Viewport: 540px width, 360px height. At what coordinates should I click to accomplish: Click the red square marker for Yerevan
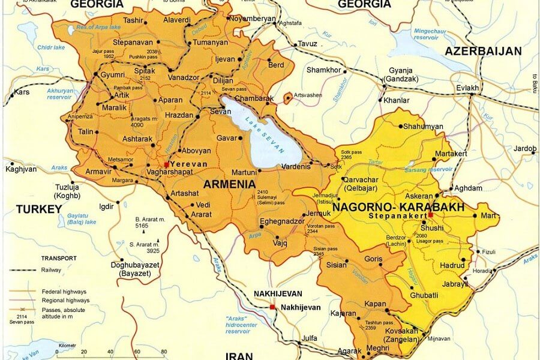pyautogui.click(x=167, y=164)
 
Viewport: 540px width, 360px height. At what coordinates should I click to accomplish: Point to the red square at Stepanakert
pyautogui.click(x=431, y=215)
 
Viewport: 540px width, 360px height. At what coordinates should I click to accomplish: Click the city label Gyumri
pyautogui.click(x=115, y=75)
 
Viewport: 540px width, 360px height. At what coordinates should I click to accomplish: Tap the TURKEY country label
pyautogui.click(x=39, y=209)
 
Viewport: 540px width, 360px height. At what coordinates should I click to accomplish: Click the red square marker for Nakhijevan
pyautogui.click(x=272, y=307)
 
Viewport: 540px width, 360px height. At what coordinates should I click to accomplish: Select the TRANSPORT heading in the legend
pyautogui.click(x=58, y=258)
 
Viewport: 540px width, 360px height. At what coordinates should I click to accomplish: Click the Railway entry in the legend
pyautogui.click(x=52, y=270)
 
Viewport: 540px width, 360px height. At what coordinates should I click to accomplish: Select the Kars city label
pyautogui.click(x=22, y=92)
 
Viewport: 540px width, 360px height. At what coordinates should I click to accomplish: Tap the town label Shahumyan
pyautogui.click(x=423, y=127)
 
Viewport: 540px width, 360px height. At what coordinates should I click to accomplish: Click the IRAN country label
pyautogui.click(x=239, y=356)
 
